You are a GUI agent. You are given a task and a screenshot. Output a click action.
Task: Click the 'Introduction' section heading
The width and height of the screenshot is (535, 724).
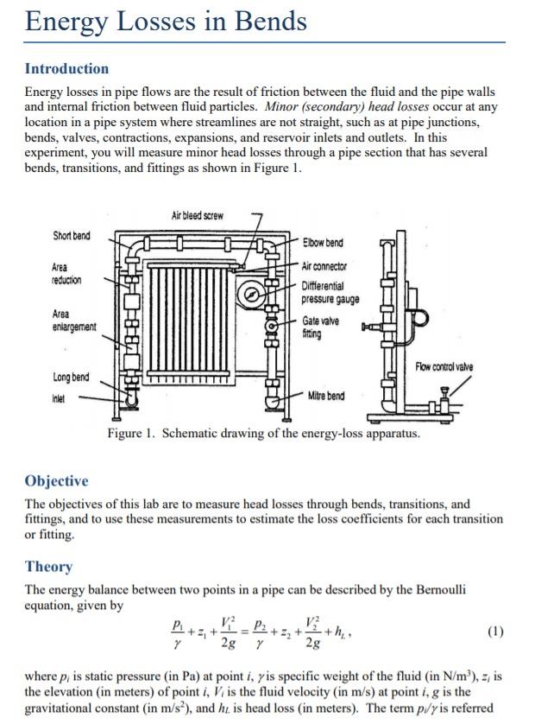tap(66, 69)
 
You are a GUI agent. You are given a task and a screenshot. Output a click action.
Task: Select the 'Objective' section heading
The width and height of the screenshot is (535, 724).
tap(56, 481)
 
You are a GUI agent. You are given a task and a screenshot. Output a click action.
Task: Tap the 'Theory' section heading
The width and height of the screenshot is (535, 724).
tap(48, 567)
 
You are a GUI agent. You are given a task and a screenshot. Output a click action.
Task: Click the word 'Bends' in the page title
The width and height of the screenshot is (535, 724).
tap(260, 21)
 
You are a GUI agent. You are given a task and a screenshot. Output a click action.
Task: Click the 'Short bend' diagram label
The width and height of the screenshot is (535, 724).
tap(71, 237)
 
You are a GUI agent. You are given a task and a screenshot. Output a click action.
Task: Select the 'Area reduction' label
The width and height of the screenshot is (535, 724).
tap(67, 274)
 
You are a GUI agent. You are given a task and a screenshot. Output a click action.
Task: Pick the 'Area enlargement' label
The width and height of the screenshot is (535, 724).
tap(73, 321)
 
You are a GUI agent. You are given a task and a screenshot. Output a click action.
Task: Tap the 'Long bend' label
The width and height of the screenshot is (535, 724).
tap(71, 377)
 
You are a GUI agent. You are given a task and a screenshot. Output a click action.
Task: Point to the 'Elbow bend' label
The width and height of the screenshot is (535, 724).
tap(323, 243)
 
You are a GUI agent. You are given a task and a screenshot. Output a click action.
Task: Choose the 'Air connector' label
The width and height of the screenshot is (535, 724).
tap(324, 266)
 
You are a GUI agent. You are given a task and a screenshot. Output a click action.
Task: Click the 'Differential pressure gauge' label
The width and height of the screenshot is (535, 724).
tap(330, 292)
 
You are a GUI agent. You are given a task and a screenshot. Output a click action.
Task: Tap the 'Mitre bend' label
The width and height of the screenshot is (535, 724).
tap(326, 396)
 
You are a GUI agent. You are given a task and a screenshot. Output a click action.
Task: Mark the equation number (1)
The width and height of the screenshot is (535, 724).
tap(494, 632)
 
